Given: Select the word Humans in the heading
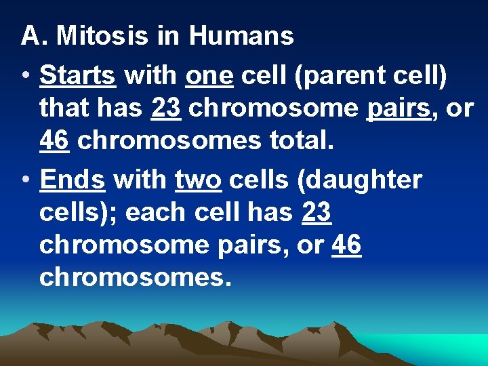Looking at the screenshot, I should (x=241, y=36).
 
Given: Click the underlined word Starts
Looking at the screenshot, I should (x=77, y=76).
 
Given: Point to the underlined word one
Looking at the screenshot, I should (x=209, y=76).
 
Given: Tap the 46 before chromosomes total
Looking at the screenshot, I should (x=54, y=141).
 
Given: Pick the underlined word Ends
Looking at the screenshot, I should (x=72, y=181).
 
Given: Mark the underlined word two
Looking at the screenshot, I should (x=198, y=181).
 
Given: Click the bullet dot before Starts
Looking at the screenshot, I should (x=24, y=77).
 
